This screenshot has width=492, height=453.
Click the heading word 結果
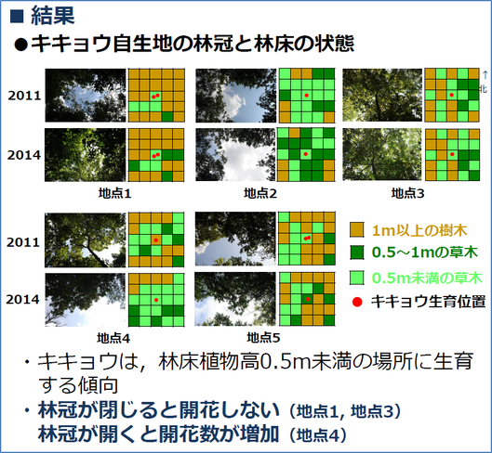[x=53, y=16]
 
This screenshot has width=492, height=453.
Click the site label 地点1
[x=114, y=193]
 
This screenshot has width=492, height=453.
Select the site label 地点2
[x=260, y=193]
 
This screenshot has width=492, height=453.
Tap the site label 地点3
[x=407, y=193]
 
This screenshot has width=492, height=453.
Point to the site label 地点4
[x=113, y=338]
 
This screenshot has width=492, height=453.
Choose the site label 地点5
[x=263, y=338]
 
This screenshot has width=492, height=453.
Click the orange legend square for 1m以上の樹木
[x=357, y=229]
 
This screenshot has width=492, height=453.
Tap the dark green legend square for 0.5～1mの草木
[x=357, y=252]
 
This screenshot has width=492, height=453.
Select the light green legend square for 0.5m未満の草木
[x=357, y=278]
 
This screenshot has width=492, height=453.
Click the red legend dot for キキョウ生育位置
[x=357, y=302]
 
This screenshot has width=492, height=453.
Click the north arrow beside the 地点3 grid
[x=485, y=75]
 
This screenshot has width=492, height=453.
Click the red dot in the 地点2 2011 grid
[x=307, y=96]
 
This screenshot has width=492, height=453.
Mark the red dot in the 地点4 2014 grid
[x=156, y=300]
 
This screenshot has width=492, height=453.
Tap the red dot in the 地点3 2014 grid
[x=452, y=154]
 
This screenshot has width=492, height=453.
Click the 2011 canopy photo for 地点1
[x=86, y=96]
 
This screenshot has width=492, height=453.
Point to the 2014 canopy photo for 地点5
[x=235, y=299]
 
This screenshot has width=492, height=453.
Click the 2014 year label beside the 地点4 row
[x=23, y=300]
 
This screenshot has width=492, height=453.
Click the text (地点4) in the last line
[x=317, y=435]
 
